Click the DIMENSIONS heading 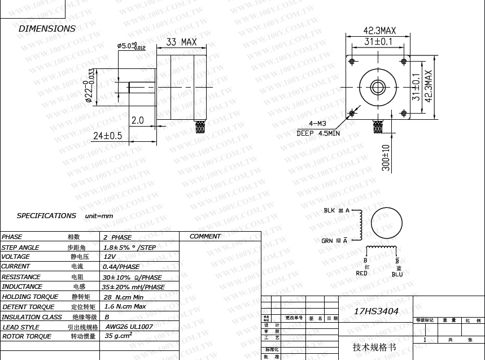point(47,28)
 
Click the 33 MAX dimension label point(181,42)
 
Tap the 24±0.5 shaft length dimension point(107,136)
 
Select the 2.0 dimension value point(138,120)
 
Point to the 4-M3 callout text point(318,123)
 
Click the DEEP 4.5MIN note point(318,133)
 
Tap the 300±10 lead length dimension point(386,158)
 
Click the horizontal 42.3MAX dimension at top point(379,31)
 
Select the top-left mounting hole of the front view point(352,61)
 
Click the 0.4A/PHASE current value point(121,267)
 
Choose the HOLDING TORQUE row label point(30,297)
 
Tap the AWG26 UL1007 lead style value point(129,327)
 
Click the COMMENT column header point(206,236)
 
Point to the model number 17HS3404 point(376,311)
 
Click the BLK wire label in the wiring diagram point(329,211)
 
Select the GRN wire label point(327,241)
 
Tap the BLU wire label point(397,275)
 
